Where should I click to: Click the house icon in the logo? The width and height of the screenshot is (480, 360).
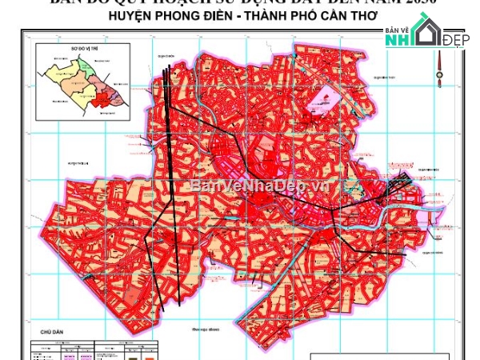click(426, 32)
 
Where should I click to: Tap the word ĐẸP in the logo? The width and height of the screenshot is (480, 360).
click(455, 41)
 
